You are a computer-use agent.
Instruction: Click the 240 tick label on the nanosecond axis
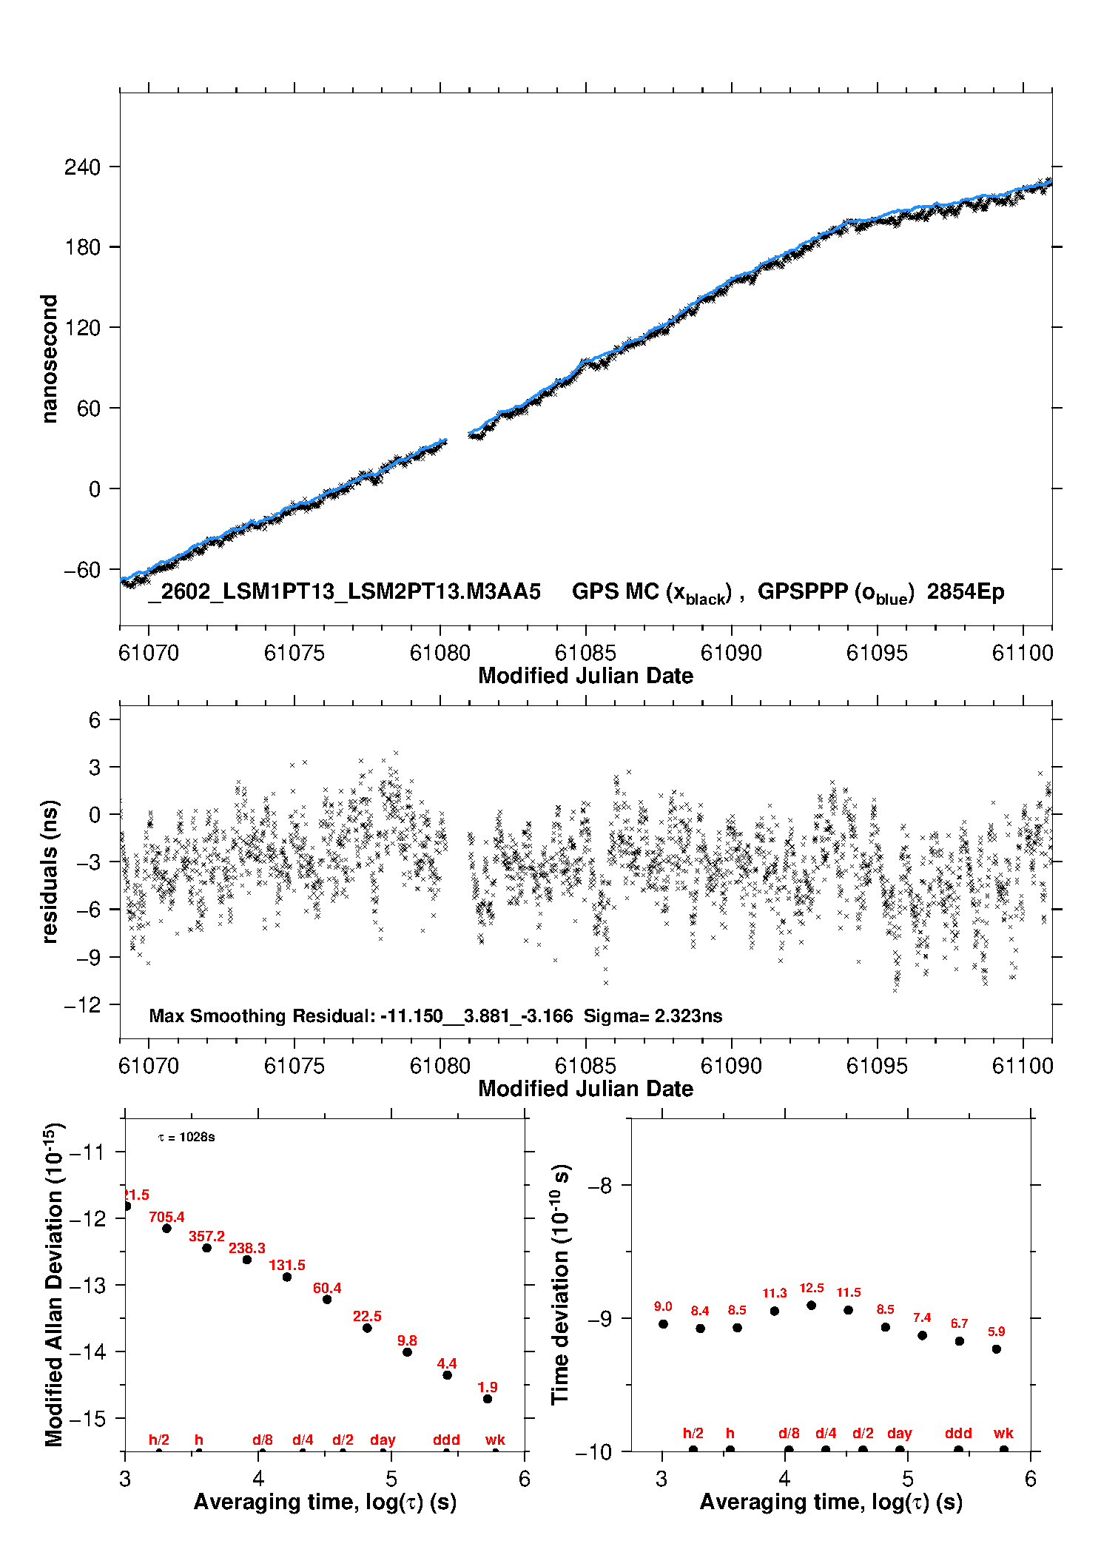tap(82, 167)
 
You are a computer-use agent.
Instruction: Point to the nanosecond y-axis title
tap(50, 359)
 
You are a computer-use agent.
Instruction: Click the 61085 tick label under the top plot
tap(585, 653)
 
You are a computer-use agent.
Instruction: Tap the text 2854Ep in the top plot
tap(966, 592)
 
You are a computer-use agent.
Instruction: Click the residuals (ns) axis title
tap(50, 871)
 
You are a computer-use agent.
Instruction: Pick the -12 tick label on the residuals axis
tap(82, 1005)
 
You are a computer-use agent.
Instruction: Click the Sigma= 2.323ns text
tap(653, 1015)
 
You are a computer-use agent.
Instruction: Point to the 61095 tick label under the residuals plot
tap(876, 1066)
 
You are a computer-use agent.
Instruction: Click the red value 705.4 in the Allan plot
tap(166, 1217)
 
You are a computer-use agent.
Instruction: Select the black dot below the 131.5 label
tap(287, 1277)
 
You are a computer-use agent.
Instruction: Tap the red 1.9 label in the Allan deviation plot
tap(487, 1387)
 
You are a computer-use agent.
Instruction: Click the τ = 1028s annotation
tap(186, 1137)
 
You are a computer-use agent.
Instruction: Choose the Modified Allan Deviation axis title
tap(54, 1285)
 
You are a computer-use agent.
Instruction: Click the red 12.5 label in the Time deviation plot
tap(811, 1288)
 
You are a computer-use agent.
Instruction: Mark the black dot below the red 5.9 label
tap(997, 1349)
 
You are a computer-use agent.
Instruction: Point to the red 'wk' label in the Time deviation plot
tap(1003, 1433)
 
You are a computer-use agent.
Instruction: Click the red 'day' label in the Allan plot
tap(383, 1440)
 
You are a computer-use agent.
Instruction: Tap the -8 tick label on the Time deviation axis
tap(600, 1186)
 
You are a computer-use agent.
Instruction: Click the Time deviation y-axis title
tap(560, 1285)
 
